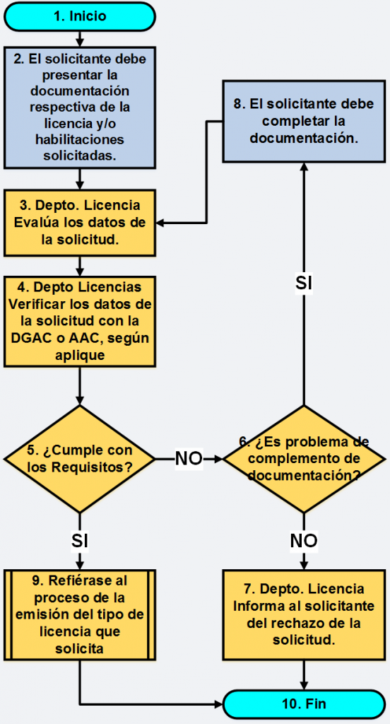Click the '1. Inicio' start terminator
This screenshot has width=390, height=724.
click(x=79, y=16)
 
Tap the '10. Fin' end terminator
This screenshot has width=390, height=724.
click(x=304, y=704)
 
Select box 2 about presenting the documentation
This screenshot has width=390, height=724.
click(x=79, y=107)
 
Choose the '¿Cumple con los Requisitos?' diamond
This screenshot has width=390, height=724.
click(x=79, y=459)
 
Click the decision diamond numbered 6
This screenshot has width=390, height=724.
click(x=304, y=459)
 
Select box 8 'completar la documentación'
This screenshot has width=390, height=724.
click(x=304, y=121)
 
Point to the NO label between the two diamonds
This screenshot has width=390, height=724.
click(x=189, y=458)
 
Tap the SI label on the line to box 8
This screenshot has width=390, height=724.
click(x=304, y=284)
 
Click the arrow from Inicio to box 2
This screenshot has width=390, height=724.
click(x=80, y=38)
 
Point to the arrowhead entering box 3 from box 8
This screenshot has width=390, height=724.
click(x=160, y=223)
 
